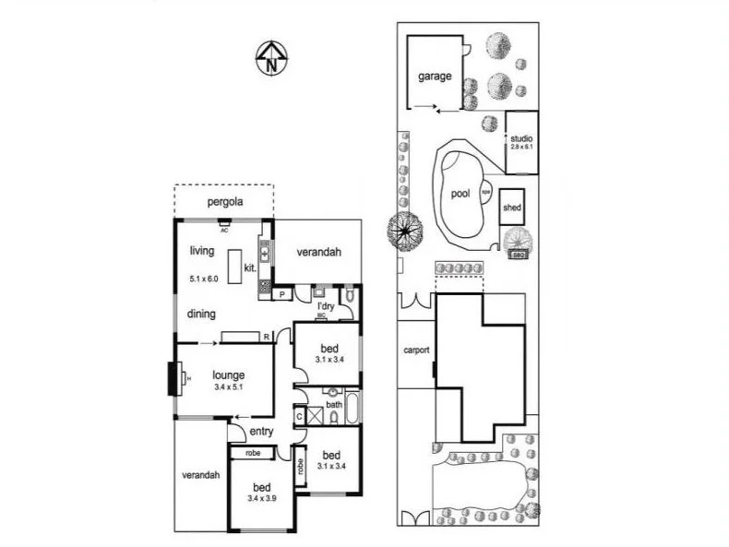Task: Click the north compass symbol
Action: click(x=270, y=57)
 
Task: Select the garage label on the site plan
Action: click(x=435, y=77)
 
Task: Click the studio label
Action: click(x=521, y=138)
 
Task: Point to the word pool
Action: click(x=460, y=195)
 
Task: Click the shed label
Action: click(x=512, y=208)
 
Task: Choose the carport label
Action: click(x=416, y=351)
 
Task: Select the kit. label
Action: click(x=249, y=268)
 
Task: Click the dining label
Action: click(x=202, y=314)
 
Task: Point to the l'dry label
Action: click(x=325, y=305)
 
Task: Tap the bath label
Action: click(x=333, y=405)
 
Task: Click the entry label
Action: click(x=261, y=431)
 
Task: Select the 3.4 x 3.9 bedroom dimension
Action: click(x=263, y=498)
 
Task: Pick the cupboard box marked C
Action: click(x=300, y=417)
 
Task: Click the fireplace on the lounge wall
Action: click(x=173, y=377)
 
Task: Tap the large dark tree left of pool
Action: click(x=405, y=230)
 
